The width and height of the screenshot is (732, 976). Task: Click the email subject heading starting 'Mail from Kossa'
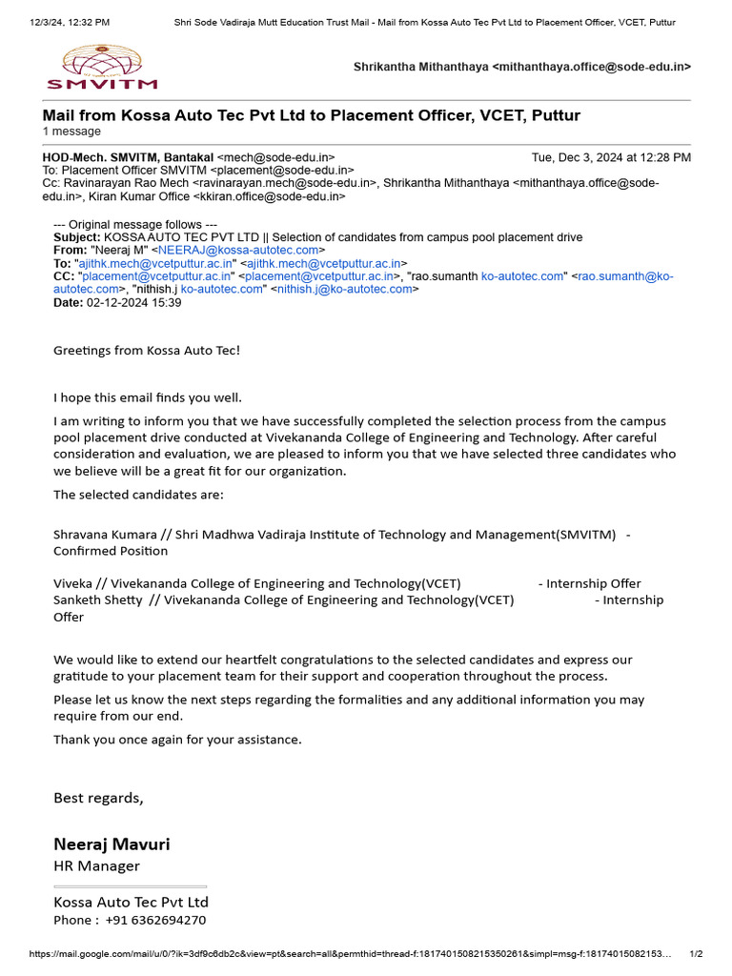311,115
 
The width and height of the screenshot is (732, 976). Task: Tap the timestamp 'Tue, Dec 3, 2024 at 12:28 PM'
611,157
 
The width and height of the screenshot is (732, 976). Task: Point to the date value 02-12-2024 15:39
133,302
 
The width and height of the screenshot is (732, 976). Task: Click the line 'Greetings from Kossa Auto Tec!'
147,350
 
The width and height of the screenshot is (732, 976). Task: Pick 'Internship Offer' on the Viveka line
589,583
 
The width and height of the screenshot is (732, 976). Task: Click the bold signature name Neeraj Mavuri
112,844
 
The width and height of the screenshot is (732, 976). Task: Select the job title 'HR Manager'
96,865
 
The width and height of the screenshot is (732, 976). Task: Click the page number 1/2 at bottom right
696,954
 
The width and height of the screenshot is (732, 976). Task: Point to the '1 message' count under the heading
71,132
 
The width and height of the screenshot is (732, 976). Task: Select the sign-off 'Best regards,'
98,798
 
